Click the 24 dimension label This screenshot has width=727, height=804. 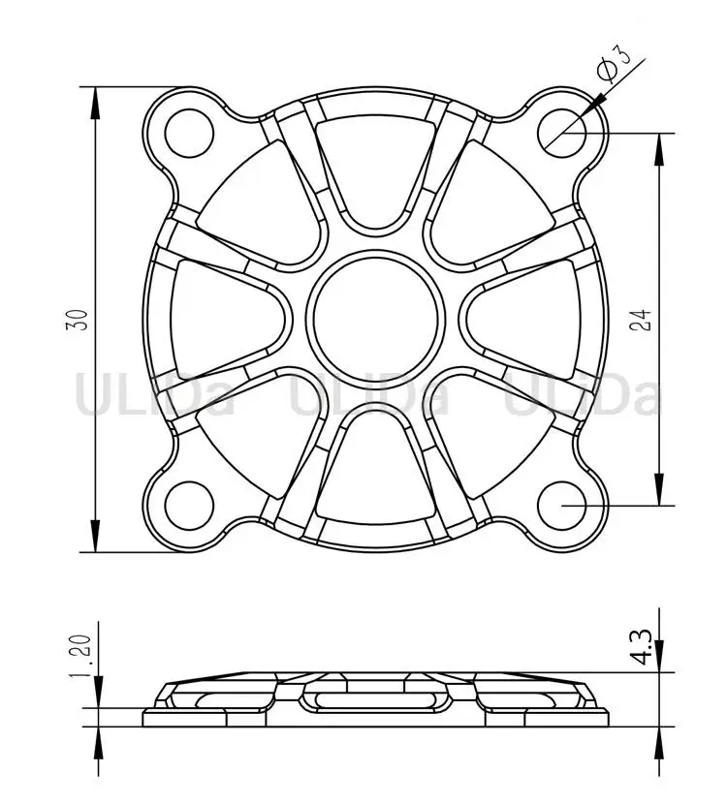pyautogui.click(x=642, y=320)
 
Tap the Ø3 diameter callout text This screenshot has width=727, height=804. pyautogui.click(x=615, y=63)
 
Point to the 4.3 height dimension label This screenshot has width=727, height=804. pyautogui.click(x=642, y=647)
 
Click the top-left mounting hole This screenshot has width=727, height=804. pyautogui.click(x=189, y=134)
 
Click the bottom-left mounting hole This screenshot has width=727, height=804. pyautogui.click(x=189, y=506)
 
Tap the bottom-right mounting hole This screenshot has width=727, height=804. pyautogui.click(x=562, y=506)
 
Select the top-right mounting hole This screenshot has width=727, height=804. pyautogui.click(x=562, y=134)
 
